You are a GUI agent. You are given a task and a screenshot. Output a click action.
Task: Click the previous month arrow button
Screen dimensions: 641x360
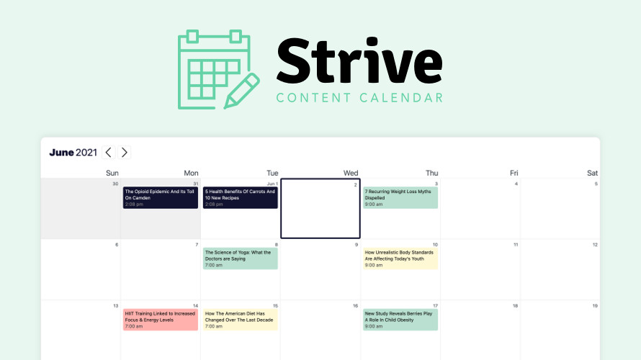point(108,153)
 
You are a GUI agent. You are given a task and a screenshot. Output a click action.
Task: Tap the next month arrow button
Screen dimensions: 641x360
point(125,153)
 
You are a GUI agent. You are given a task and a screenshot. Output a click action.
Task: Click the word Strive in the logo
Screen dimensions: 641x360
point(359,60)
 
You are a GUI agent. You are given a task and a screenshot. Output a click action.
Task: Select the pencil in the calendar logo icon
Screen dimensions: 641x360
point(241,91)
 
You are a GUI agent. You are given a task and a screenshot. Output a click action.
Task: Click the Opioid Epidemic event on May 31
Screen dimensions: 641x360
point(160,198)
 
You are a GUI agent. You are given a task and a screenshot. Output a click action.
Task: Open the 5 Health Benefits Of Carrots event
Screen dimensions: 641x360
point(241,198)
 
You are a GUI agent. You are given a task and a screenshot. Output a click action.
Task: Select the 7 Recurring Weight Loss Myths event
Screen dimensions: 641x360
point(400,198)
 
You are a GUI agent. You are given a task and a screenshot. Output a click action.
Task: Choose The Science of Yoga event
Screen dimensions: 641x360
point(241,258)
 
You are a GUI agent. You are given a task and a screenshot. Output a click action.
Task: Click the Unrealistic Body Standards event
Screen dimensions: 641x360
point(400,258)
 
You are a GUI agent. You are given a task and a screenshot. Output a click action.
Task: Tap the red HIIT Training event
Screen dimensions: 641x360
point(160,320)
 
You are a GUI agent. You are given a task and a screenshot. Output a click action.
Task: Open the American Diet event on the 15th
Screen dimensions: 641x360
point(241,320)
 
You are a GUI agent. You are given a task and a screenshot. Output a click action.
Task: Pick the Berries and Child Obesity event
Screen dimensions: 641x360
point(400,320)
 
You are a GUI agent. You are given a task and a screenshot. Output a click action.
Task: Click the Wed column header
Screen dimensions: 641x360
point(350,174)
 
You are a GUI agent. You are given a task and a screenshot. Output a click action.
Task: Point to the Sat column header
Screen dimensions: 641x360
point(592,174)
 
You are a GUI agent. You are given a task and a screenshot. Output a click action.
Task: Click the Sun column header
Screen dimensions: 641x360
point(112,174)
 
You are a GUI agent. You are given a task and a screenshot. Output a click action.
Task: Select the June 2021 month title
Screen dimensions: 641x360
point(73,153)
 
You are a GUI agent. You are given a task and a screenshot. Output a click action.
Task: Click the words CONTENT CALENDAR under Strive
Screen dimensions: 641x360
point(359,98)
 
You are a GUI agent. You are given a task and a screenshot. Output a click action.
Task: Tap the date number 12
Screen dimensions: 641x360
point(595,245)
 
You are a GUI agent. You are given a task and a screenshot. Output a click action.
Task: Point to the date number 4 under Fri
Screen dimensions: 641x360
point(516,184)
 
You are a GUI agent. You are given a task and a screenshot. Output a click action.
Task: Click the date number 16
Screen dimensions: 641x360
point(355,306)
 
